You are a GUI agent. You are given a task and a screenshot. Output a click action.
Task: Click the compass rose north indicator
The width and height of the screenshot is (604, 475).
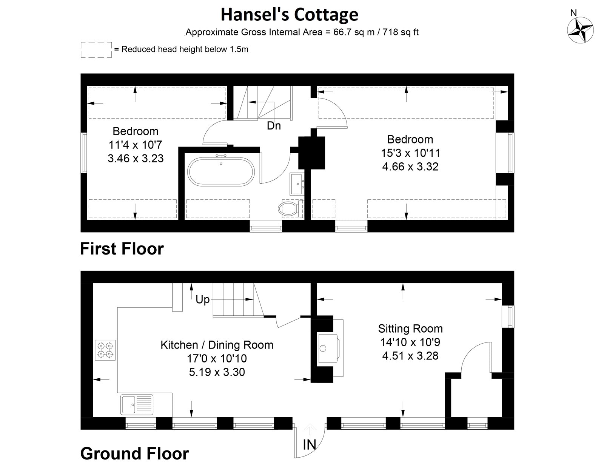click(580, 29)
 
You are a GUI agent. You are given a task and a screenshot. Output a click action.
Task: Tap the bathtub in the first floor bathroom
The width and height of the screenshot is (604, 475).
click(222, 171)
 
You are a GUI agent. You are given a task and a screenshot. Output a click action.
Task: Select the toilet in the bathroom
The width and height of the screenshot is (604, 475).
click(291, 208)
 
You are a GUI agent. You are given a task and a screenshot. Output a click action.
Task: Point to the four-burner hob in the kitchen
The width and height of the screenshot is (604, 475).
click(105, 350)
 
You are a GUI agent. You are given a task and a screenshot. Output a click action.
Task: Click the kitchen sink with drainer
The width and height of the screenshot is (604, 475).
click(137, 404)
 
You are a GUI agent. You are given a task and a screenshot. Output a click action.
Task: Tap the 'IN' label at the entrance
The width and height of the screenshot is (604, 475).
click(310, 445)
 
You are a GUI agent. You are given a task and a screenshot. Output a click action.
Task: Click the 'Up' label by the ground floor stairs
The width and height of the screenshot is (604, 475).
click(202, 299)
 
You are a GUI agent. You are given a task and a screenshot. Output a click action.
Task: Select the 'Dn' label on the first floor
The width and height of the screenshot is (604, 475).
click(274, 126)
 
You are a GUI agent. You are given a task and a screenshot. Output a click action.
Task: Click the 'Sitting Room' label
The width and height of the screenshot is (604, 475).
click(410, 328)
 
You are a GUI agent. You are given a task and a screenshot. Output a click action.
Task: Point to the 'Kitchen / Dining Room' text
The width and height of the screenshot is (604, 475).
click(217, 345)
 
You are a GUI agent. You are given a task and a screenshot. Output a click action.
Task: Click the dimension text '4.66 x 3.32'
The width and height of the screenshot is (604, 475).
click(410, 167)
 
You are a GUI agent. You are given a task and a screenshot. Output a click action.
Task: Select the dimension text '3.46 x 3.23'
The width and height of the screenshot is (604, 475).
click(136, 158)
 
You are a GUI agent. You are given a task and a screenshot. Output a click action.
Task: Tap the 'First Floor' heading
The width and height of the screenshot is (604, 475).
click(122, 249)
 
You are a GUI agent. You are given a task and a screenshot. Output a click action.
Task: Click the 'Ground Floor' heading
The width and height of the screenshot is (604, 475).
click(134, 453)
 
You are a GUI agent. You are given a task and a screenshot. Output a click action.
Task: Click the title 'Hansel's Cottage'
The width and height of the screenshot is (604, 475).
click(289, 14)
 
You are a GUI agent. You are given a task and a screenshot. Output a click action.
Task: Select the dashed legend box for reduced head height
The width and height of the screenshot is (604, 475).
click(96, 49)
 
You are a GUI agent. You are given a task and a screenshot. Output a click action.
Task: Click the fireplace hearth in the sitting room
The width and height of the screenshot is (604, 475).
click(330, 348)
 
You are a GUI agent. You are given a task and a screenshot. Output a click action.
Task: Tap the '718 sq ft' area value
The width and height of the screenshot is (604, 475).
click(401, 32)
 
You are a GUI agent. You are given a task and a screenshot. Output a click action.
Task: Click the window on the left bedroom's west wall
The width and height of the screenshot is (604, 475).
click(85, 153)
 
